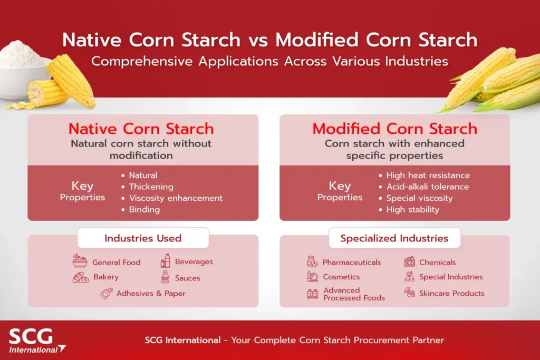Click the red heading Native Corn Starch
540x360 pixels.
tap(141, 129)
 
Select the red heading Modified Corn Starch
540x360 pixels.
tap(394, 129)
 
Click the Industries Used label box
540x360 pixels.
tap(143, 238)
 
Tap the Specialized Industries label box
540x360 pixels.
tap(394, 238)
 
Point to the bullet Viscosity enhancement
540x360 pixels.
tap(176, 198)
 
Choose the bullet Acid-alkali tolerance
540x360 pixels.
tap(427, 187)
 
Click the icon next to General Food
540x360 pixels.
tap(80, 261)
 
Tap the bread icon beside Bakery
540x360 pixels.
tap(80, 277)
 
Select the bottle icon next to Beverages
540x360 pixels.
tap(166, 261)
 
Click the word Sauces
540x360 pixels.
tap(188, 278)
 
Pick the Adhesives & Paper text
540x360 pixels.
tap(151, 294)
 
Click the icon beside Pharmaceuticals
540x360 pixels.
tap(312, 261)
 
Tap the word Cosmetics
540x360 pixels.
tap(341, 277)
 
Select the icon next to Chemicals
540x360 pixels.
tap(409, 261)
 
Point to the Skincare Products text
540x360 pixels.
tap(451, 293)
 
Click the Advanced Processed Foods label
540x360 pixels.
tap(354, 294)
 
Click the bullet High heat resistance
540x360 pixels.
tap(428, 175)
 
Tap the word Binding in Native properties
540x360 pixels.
tap(144, 209)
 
